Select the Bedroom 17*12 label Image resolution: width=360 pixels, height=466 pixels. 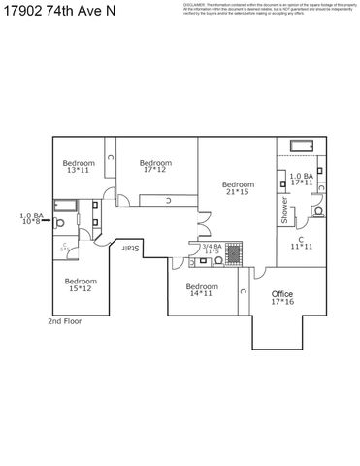point(155,166)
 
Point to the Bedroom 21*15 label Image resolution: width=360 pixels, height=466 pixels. point(238,188)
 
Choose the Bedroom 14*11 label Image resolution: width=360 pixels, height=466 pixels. point(201,289)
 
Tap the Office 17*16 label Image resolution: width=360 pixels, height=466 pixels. point(282,297)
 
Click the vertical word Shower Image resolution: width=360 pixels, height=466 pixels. point(284,211)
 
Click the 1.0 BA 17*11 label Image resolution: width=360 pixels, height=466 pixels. point(301,180)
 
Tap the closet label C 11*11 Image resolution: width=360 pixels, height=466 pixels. point(301,243)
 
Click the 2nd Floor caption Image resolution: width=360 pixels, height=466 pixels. point(67,320)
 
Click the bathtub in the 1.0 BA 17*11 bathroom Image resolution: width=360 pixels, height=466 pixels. point(301,146)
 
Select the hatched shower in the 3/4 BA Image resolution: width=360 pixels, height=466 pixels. point(237,251)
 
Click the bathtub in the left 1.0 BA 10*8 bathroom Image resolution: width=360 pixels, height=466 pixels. point(65,206)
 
